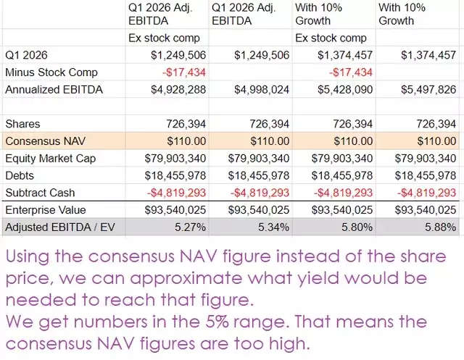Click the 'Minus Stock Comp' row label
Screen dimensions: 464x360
click(x=51, y=72)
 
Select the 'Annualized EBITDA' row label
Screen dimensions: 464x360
click(x=54, y=90)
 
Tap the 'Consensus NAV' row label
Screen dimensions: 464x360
click(x=45, y=141)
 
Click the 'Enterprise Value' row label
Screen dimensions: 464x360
click(x=46, y=210)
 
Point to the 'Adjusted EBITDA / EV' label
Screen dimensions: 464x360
click(x=60, y=227)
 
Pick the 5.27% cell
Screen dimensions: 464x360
click(x=190, y=227)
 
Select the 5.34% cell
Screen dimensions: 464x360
click(x=273, y=227)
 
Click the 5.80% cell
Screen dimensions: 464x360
click(x=357, y=227)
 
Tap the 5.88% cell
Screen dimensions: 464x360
click(x=440, y=227)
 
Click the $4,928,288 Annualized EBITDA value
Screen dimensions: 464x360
click(x=178, y=90)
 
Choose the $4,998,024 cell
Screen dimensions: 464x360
click(x=262, y=90)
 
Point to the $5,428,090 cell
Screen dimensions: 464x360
click(x=345, y=90)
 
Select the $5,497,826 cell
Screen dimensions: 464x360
click(x=428, y=90)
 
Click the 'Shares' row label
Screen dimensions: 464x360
click(x=22, y=124)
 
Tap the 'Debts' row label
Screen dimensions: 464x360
click(x=20, y=175)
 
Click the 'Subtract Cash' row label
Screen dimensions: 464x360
click(x=40, y=193)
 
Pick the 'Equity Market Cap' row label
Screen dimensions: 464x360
click(x=50, y=159)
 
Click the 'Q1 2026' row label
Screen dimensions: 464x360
click(x=26, y=55)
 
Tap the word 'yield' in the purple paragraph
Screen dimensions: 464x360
click(x=318, y=278)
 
